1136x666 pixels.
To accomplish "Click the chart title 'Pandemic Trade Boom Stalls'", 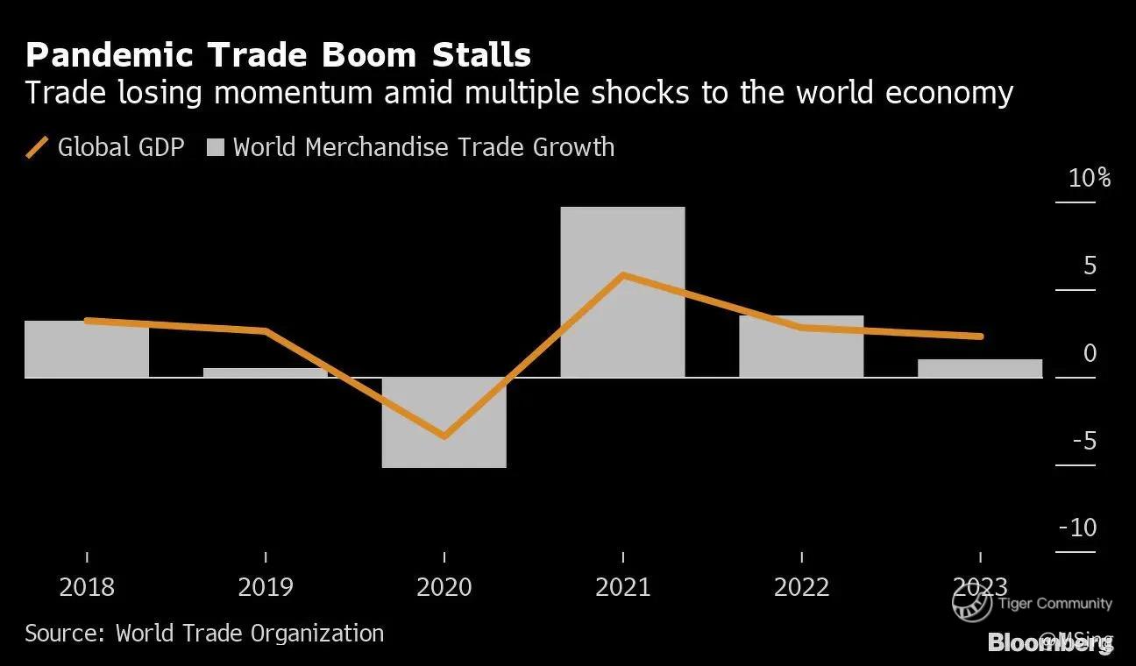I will pos(278,55).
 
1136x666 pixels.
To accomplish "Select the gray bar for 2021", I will pos(622,292).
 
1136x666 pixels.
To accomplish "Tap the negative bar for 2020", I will pos(444,422).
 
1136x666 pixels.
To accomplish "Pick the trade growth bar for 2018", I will pos(87,349).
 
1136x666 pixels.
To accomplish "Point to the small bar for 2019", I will pos(266,372).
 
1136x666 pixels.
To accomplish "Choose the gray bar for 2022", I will pos(801,346).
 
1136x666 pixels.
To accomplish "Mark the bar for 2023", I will pos(980,368).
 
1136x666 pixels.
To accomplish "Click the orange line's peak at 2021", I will pos(622,275).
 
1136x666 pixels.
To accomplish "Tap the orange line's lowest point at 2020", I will pos(444,436).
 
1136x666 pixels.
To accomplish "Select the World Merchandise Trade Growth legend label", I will pos(423,147).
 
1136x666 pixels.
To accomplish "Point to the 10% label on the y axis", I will pos(1089,179).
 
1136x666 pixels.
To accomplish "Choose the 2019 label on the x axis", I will pos(266,586).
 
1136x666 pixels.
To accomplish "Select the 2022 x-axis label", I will pos(801,586).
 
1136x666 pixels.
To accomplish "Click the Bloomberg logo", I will pos(1049,642).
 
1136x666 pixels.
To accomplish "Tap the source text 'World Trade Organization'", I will pos(250,633).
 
